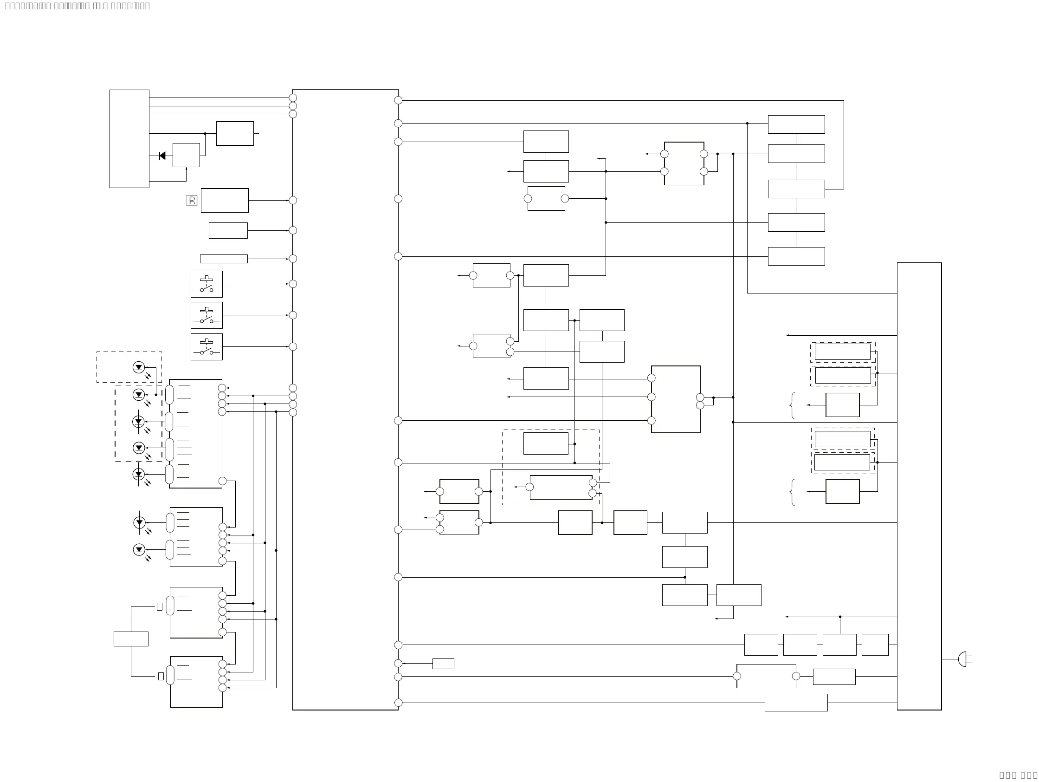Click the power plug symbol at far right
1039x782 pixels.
pos(963,659)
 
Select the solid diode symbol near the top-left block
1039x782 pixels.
pos(162,156)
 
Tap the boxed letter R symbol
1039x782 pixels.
pos(192,201)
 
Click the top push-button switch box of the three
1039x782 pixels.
pos(207,284)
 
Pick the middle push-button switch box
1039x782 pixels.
pos(207,315)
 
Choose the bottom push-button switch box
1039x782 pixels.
pos(207,347)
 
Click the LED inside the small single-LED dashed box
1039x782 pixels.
pos(139,367)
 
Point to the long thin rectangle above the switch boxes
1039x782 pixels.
pos(224,259)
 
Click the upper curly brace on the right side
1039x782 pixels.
pos(793,405)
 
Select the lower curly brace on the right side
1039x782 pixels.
pos(793,492)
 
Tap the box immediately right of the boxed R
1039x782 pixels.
pos(225,200)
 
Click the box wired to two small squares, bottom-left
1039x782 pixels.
pos(131,639)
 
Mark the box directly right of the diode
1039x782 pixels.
pos(186,155)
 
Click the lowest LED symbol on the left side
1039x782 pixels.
pos(139,549)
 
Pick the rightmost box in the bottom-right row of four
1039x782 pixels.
pos(875,645)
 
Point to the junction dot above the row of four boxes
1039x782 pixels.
pos(840,617)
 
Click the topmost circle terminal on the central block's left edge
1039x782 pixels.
pos(293,98)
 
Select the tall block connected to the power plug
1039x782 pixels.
pos(919,486)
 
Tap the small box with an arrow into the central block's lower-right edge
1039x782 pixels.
pos(443,664)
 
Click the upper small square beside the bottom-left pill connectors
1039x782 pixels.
pos(160,607)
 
